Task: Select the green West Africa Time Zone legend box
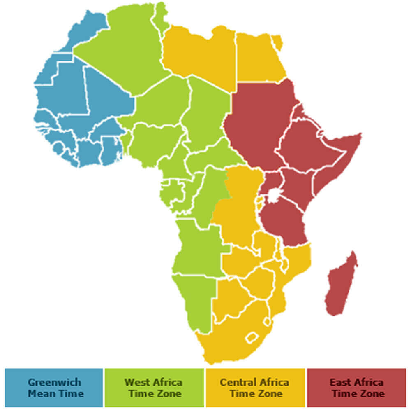click(x=154, y=388)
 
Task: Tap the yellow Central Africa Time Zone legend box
click(x=255, y=388)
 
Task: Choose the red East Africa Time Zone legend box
click(x=356, y=388)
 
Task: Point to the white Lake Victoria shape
click(x=272, y=196)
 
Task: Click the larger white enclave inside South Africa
click(x=252, y=337)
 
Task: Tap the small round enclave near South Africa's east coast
click(x=267, y=321)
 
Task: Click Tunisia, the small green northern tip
click(x=161, y=16)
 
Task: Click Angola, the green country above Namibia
click(x=197, y=247)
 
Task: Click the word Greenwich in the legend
click(x=54, y=382)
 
